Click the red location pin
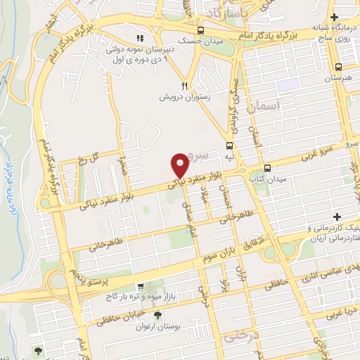point(180,165)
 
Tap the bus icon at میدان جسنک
point(201,31)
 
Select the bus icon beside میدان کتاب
point(267,168)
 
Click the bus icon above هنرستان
point(339,67)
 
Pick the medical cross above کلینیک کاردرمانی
point(336,216)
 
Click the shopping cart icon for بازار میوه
point(140,287)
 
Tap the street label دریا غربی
point(345,312)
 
